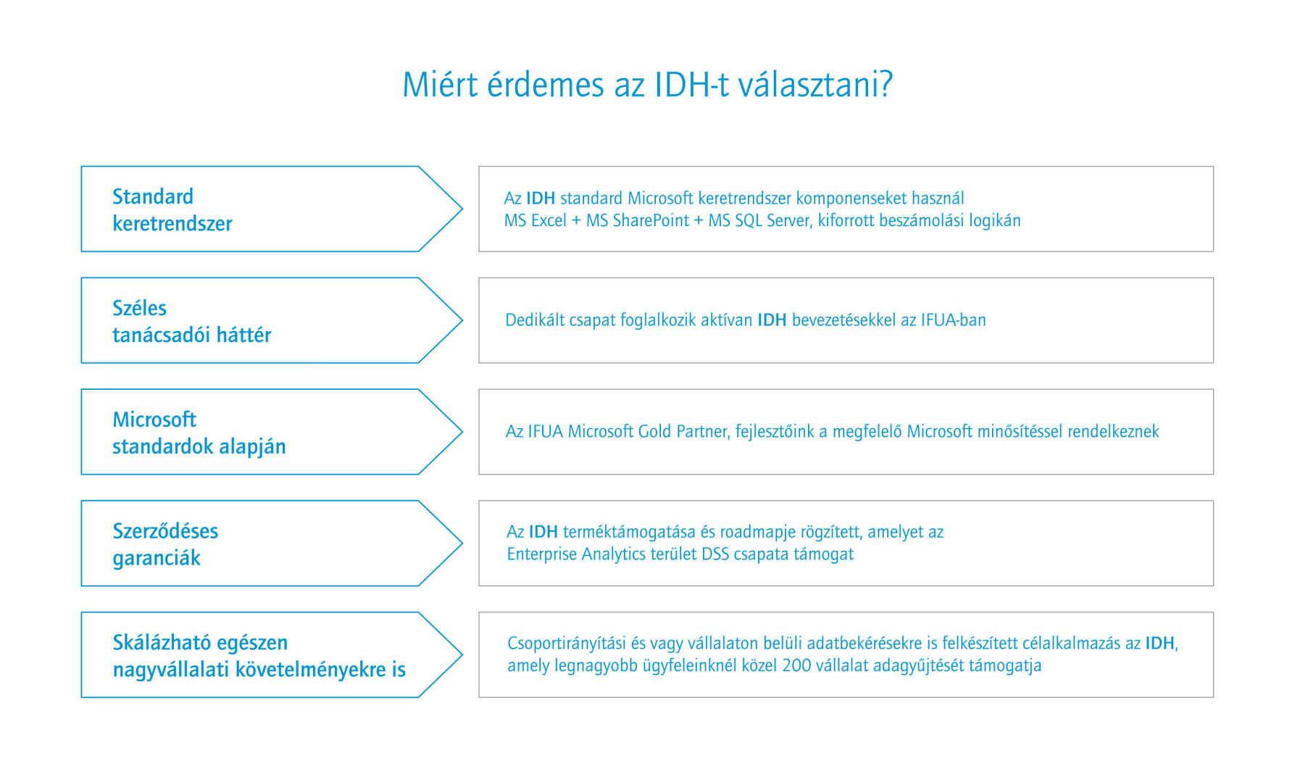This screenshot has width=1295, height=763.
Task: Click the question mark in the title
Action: click(885, 84)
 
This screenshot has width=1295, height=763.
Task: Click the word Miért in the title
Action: click(440, 84)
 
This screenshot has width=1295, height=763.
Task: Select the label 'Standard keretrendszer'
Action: click(172, 209)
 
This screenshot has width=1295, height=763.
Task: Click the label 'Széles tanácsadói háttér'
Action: click(191, 321)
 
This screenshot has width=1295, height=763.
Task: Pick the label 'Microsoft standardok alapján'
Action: click(199, 433)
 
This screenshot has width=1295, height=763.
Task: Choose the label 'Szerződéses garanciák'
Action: click(165, 544)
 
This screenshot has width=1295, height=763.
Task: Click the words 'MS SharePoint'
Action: click(638, 220)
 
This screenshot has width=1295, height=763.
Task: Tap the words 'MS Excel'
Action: click(536, 220)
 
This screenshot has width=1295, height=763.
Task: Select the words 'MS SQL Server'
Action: click(759, 220)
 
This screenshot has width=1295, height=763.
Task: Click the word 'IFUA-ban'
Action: click(954, 320)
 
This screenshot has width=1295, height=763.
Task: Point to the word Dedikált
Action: click(534, 320)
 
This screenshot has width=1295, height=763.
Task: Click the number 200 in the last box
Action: click(796, 665)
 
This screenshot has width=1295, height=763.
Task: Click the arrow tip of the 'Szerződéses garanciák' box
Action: click(462, 543)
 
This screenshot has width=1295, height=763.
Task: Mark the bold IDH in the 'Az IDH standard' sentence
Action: click(541, 198)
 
